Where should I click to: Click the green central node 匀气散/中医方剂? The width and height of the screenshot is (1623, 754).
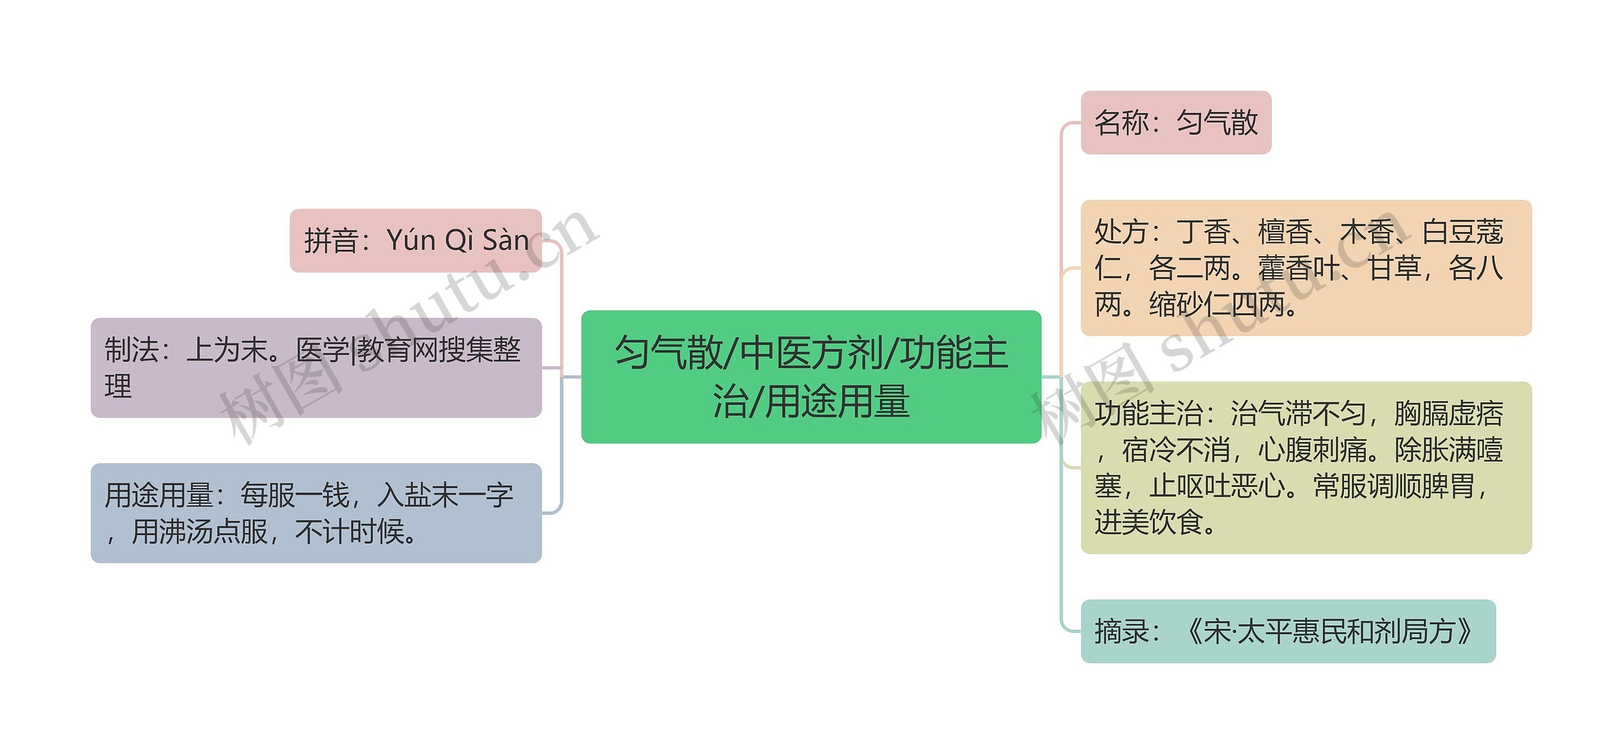(x=811, y=377)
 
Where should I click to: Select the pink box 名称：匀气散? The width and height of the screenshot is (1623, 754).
(x=1175, y=122)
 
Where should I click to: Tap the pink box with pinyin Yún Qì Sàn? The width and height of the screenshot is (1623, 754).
(x=415, y=240)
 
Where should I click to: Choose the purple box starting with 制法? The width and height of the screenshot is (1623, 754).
(x=316, y=368)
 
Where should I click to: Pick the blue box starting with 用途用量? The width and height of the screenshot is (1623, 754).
(x=316, y=513)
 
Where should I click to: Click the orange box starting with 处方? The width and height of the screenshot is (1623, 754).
(x=1305, y=268)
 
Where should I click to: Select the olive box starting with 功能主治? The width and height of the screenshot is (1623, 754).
(x=1305, y=467)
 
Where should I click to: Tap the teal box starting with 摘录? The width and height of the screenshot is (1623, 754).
(x=1288, y=631)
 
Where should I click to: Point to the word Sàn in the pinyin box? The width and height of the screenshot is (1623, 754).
(x=505, y=240)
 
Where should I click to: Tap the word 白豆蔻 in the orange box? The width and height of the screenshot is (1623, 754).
(x=1462, y=232)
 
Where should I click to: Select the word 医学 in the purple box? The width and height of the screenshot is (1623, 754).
(x=323, y=350)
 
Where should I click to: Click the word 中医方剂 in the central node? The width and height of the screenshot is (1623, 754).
(x=812, y=353)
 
